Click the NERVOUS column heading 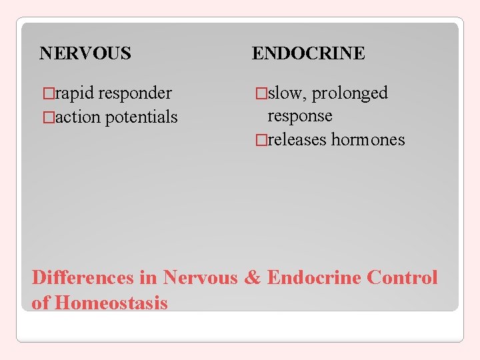85,53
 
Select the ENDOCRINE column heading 308,53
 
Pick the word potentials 141,117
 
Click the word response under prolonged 299,116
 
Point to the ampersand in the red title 252,277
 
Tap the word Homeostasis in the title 111,303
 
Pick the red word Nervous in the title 200,277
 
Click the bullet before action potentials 47,117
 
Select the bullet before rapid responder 47,93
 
